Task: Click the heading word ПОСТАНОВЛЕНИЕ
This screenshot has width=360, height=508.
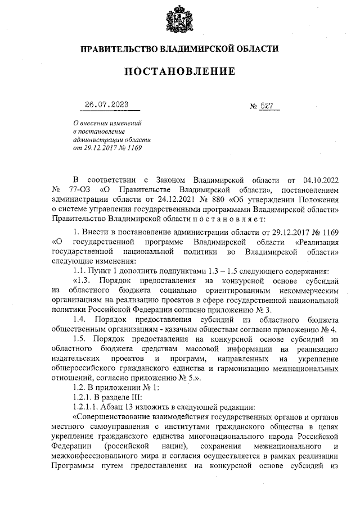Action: click(x=179, y=71)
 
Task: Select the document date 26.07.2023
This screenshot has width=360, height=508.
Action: click(x=107, y=105)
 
